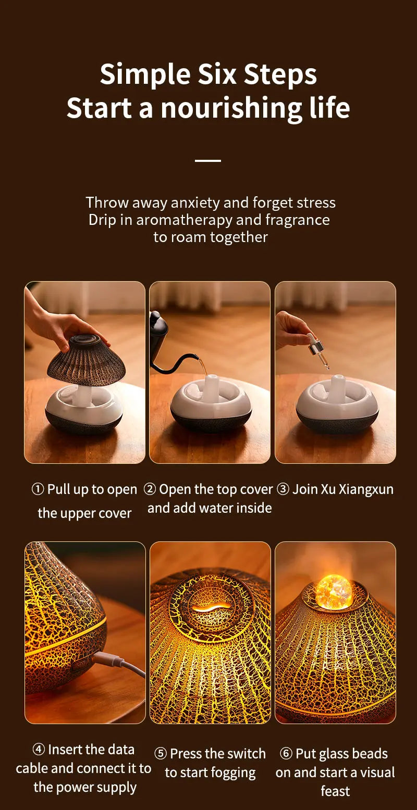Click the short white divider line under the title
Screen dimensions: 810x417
(208, 161)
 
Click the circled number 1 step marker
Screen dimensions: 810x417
(38, 490)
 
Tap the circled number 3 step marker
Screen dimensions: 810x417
(283, 490)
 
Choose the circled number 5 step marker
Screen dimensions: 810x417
(161, 754)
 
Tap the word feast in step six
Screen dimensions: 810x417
(335, 791)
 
